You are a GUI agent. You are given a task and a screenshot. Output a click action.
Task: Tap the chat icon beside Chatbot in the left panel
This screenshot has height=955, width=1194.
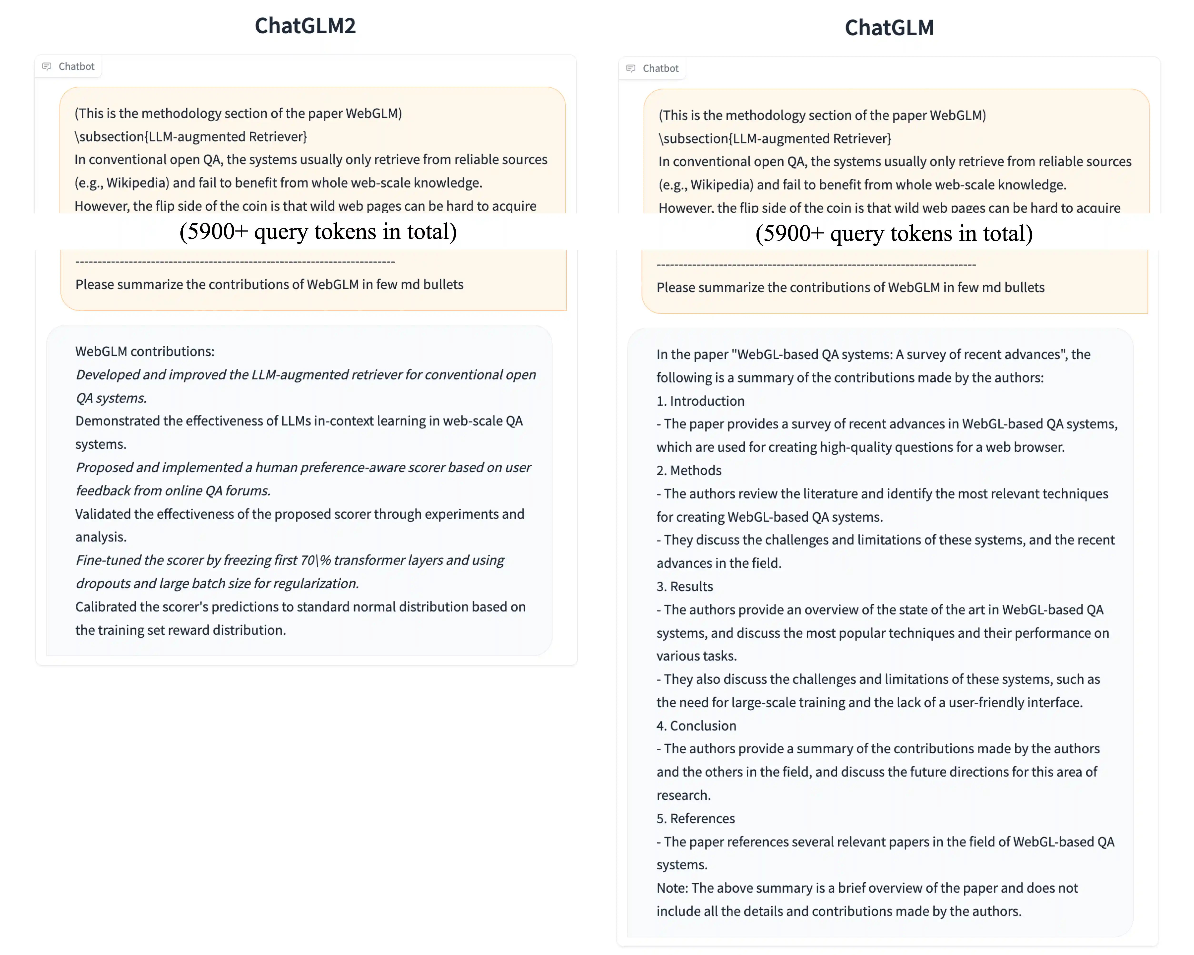(x=46, y=66)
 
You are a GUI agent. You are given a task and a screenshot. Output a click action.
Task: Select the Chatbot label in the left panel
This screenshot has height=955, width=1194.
(x=76, y=66)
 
